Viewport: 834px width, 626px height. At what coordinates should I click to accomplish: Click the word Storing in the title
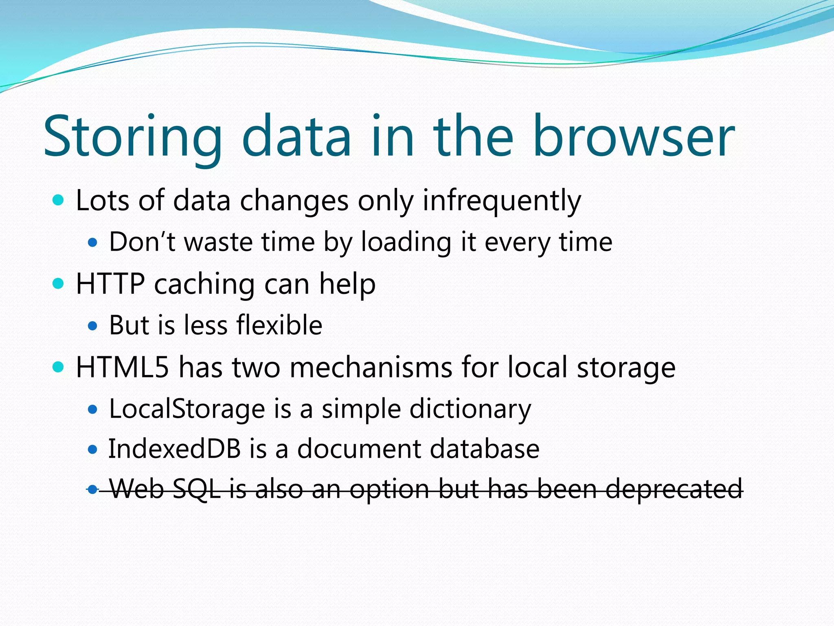coord(132,137)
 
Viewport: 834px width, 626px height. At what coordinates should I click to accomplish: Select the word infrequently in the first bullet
coord(502,201)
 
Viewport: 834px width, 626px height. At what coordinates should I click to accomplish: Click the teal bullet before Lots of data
coord(59,200)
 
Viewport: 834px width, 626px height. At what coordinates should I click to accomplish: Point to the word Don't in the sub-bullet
coord(142,242)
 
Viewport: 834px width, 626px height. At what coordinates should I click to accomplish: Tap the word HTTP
coord(110,284)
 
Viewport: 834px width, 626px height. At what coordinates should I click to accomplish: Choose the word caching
coord(204,284)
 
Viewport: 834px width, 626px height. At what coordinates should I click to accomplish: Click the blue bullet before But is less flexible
coord(93,326)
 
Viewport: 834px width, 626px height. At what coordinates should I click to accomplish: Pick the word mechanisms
coord(371,367)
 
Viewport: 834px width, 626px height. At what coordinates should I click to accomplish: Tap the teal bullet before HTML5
coord(59,367)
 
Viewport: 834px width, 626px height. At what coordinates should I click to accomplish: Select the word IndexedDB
coord(174,449)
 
